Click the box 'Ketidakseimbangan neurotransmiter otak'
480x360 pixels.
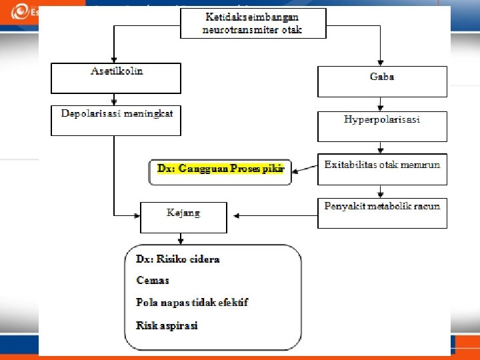point(253,23)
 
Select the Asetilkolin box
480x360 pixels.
point(116,78)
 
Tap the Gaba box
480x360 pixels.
point(381,81)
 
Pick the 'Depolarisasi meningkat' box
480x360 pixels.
point(116,121)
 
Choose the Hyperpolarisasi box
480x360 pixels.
point(381,126)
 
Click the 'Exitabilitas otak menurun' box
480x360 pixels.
point(381,169)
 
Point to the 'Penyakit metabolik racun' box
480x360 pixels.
point(381,213)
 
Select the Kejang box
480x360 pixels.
point(183,217)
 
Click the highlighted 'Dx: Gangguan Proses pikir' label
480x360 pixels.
point(221,169)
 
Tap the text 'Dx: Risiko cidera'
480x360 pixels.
point(177,259)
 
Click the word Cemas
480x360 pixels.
point(153,281)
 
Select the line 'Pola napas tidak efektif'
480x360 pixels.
point(192,303)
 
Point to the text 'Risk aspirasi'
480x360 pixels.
point(167,325)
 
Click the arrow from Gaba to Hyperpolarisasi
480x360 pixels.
point(381,104)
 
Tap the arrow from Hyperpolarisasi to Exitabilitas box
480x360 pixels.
point(381,149)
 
